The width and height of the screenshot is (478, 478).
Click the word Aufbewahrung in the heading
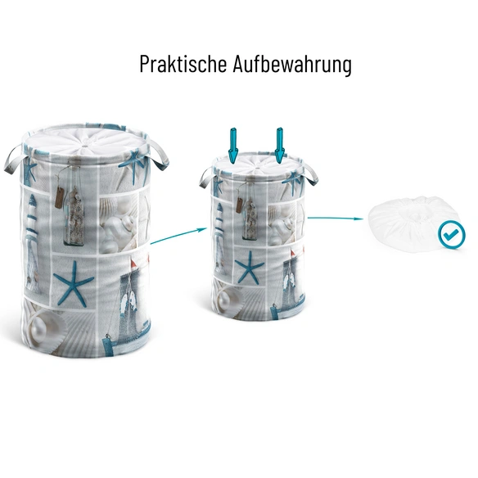click(x=292, y=64)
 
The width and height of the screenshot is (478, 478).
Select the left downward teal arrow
click(x=232, y=145)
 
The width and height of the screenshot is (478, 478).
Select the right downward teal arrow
click(x=280, y=145)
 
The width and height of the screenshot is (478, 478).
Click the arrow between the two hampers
click(x=178, y=236)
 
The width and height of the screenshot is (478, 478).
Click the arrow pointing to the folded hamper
click(x=335, y=218)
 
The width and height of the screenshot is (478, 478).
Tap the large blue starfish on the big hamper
click(x=74, y=284)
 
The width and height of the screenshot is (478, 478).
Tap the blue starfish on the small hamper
click(x=249, y=268)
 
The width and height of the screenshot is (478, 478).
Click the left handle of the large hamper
click(x=14, y=160)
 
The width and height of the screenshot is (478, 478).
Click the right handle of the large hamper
click(x=158, y=156)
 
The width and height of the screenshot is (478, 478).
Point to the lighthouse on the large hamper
click(x=32, y=241)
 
